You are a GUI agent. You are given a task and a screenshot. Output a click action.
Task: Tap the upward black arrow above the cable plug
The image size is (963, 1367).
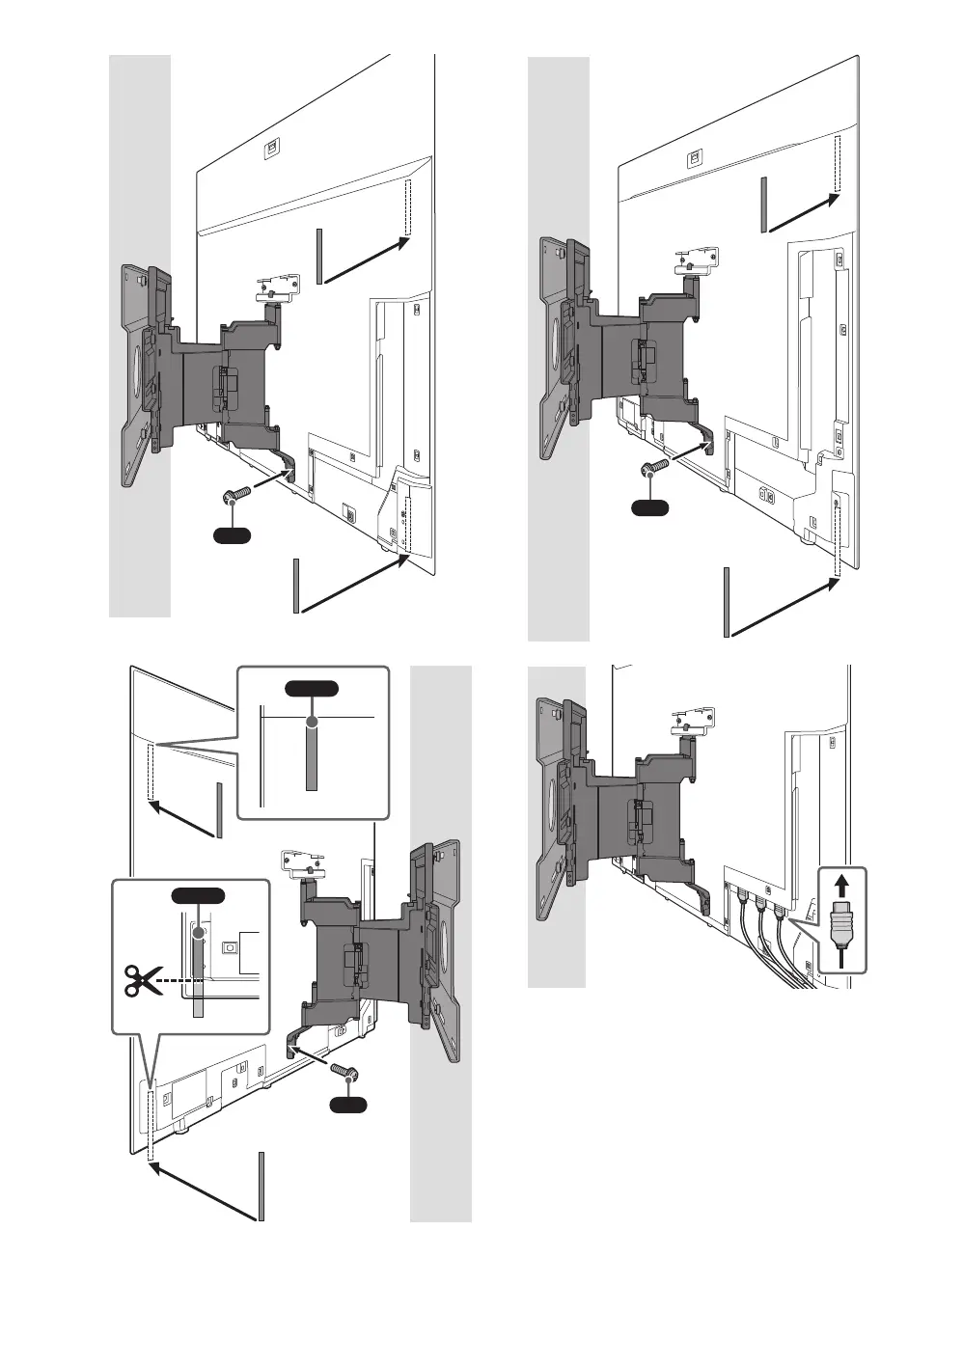pyautogui.click(x=843, y=885)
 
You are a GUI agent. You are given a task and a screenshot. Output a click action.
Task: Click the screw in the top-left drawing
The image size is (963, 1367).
pyautogui.click(x=236, y=496)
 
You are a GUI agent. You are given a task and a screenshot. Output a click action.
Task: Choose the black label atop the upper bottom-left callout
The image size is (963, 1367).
pyautogui.click(x=312, y=688)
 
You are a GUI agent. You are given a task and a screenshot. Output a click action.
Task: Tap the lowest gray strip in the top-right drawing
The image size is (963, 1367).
pyautogui.click(x=726, y=603)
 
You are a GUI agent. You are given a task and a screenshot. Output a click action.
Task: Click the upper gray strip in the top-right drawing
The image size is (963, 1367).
pyautogui.click(x=764, y=205)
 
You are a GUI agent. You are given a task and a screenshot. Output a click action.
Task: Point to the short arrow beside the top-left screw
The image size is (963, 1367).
pyautogui.click(x=273, y=478)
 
